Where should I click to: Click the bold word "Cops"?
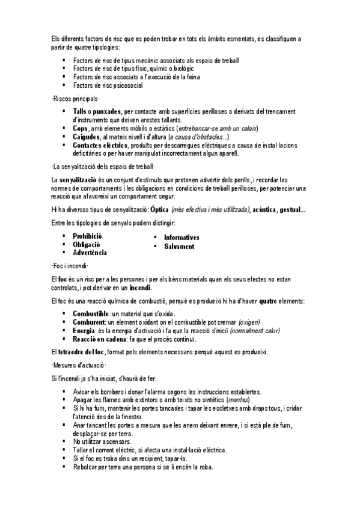coord(80,129)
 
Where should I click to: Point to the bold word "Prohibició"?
coord(88,236)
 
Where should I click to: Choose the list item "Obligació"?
coord(87,245)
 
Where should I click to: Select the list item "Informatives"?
coord(182,238)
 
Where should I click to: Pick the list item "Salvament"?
coord(179,247)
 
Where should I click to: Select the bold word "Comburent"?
coord(89,322)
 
